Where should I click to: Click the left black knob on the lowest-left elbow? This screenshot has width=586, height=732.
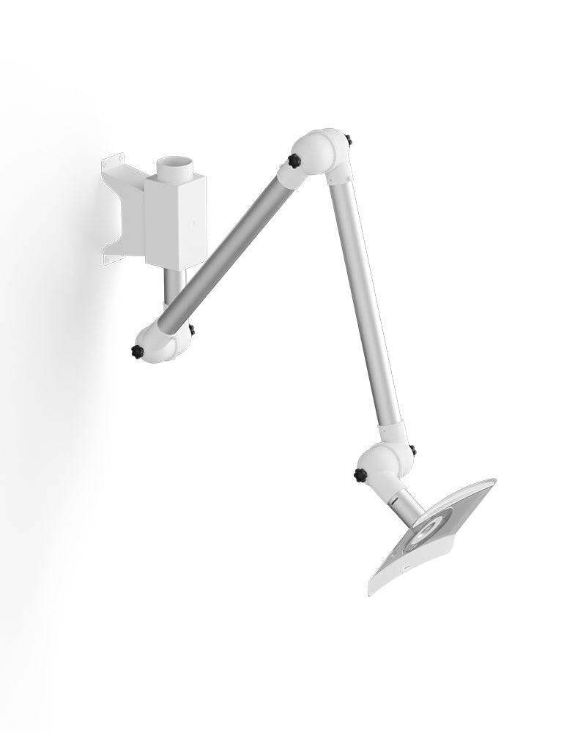click(x=136, y=352)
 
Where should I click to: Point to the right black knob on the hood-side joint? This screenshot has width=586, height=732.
click(x=413, y=449)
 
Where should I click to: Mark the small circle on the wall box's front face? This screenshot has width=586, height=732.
click(x=192, y=224)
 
